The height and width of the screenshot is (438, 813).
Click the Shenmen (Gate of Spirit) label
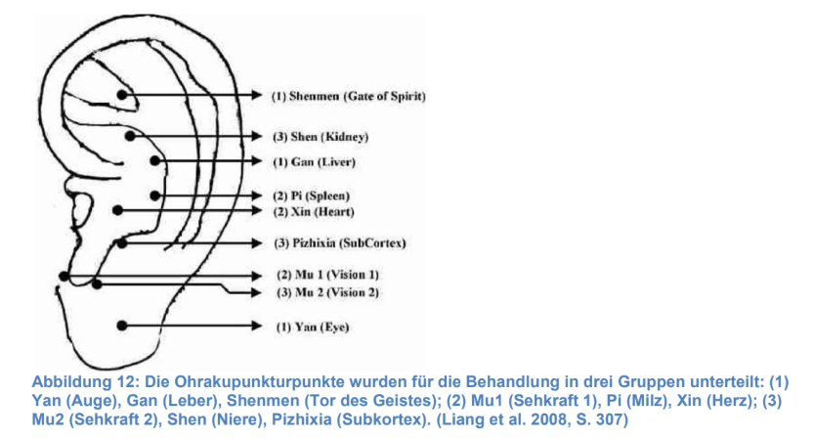(349, 97)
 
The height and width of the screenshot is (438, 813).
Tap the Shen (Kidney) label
(321, 137)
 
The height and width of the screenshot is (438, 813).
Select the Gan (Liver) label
(315, 162)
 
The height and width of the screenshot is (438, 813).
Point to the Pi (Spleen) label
(311, 197)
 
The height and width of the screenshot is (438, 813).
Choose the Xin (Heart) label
(314, 212)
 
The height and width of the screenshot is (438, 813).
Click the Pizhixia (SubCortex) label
(340, 243)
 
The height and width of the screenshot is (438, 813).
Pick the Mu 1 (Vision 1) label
(327, 275)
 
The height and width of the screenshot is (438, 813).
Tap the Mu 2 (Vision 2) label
(327, 292)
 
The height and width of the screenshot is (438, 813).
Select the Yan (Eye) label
(312, 328)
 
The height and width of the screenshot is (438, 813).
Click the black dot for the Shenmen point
(122, 95)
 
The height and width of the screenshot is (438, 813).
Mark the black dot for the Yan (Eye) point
(122, 326)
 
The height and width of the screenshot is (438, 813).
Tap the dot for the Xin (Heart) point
(117, 210)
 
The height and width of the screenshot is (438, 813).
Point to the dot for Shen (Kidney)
(130, 136)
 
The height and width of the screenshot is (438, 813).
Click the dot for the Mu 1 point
(64, 277)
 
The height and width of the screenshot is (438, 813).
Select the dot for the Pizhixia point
(122, 243)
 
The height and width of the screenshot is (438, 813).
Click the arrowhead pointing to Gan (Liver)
(257, 161)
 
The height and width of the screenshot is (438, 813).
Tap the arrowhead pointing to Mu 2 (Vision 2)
(257, 292)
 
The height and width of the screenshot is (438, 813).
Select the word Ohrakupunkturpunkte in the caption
(259, 382)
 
